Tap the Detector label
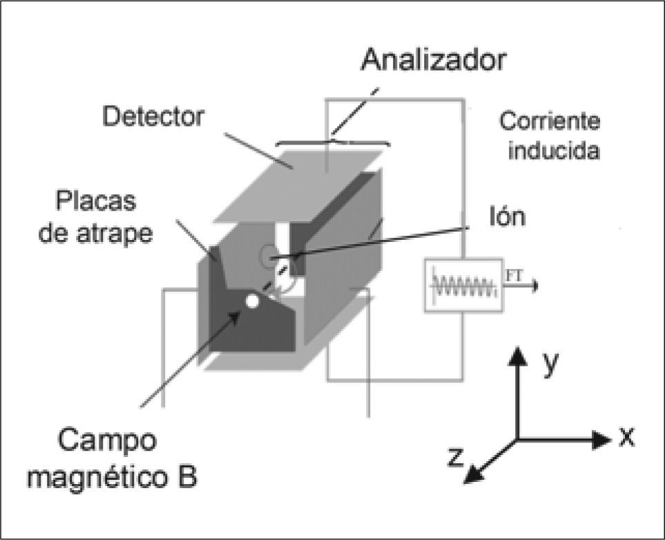[153, 116]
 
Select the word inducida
[553, 151]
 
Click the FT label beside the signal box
[515, 276]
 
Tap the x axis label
[626, 437]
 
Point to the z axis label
[454, 456]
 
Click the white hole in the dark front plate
[253, 301]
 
